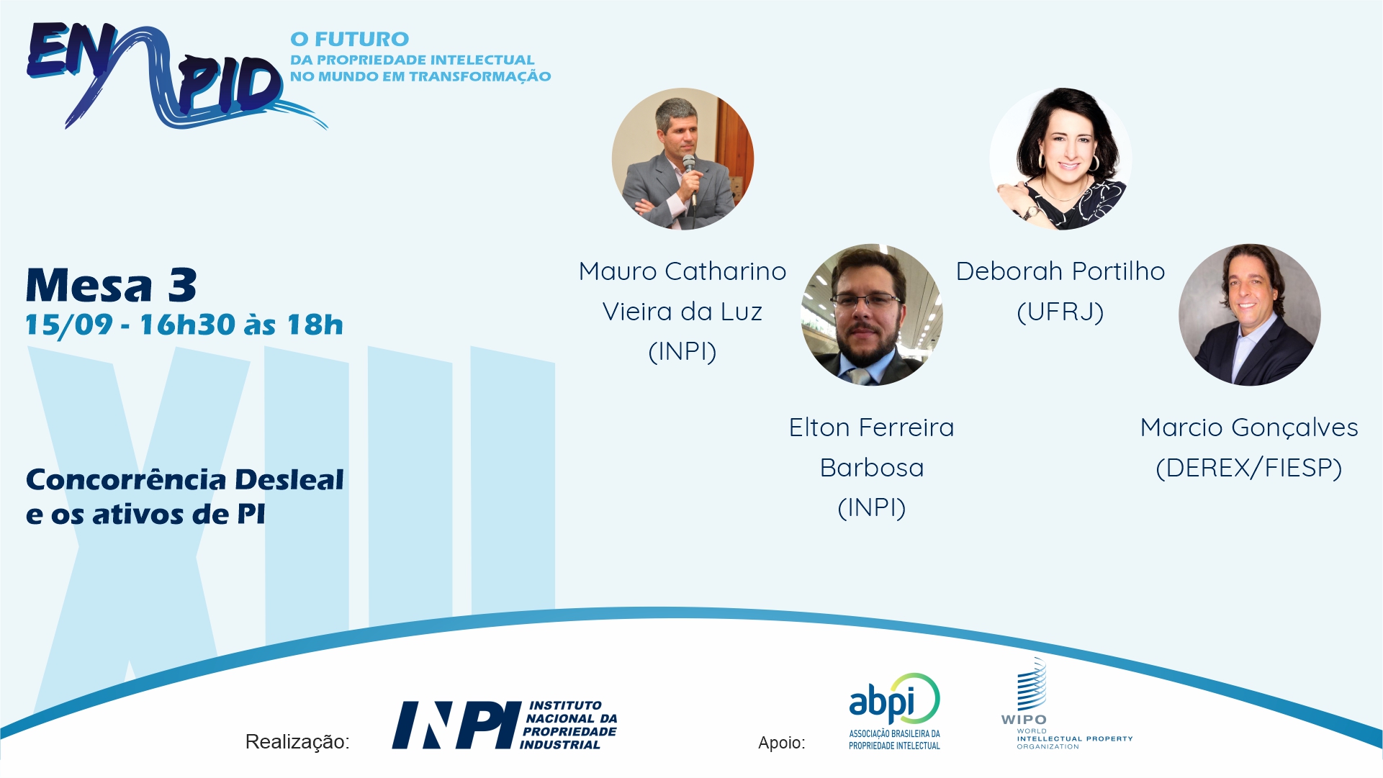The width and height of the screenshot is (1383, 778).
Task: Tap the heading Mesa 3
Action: click(112, 285)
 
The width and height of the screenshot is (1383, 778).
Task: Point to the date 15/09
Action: click(69, 325)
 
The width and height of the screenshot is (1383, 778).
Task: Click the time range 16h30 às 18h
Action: click(241, 325)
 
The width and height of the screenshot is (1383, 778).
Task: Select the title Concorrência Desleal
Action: click(185, 479)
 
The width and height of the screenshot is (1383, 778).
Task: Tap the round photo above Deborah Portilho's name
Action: click(1060, 159)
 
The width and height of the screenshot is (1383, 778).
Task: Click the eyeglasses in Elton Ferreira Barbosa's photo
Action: click(866, 299)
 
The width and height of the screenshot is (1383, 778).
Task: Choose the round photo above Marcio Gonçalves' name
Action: click(1249, 315)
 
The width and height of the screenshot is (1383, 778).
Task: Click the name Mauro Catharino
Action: click(683, 271)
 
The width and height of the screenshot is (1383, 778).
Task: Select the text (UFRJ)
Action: click(1060, 312)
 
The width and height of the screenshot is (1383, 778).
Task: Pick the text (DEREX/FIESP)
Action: click(1249, 468)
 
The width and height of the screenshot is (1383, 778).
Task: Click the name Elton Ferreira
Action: click(872, 428)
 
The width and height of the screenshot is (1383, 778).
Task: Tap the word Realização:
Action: click(297, 742)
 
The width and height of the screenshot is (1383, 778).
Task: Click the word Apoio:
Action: click(782, 743)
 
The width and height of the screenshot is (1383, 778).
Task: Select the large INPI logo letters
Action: click(456, 725)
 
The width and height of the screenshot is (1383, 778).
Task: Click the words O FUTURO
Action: click(350, 39)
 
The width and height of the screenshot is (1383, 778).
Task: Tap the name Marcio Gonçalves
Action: click(1249, 428)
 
